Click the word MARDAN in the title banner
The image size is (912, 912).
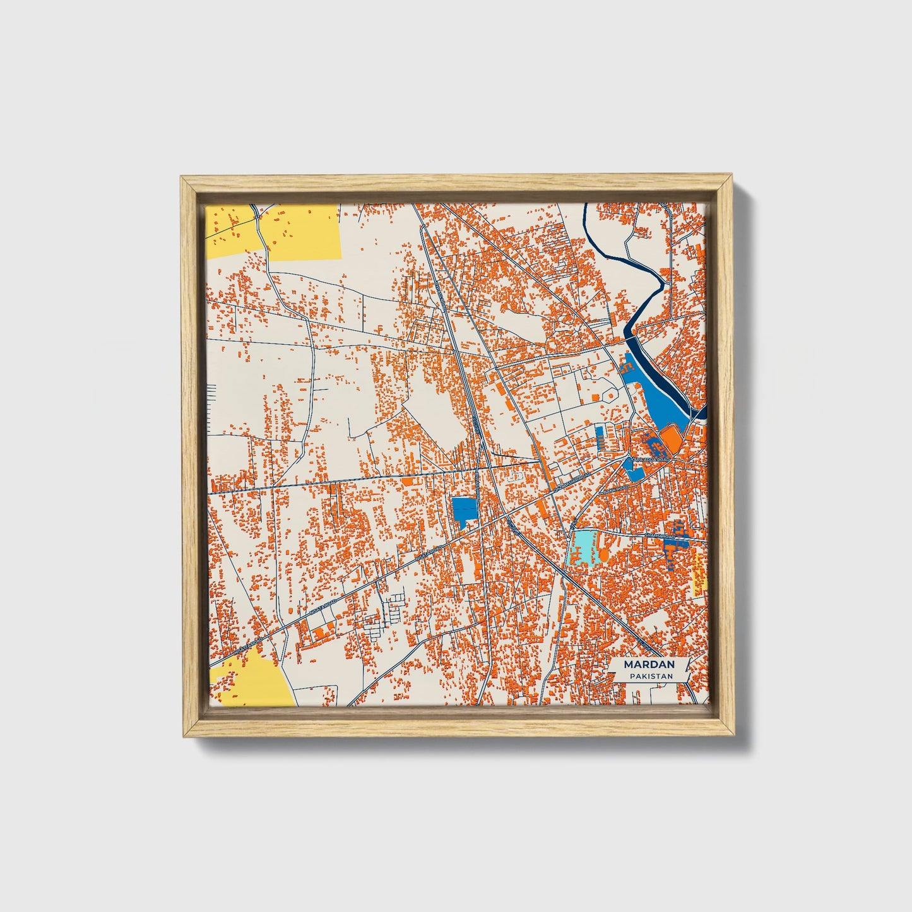click(x=649, y=665)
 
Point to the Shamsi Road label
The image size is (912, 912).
click(x=659, y=535)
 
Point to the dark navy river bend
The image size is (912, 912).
click(x=656, y=297)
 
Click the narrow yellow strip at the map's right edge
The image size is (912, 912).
click(x=699, y=574)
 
